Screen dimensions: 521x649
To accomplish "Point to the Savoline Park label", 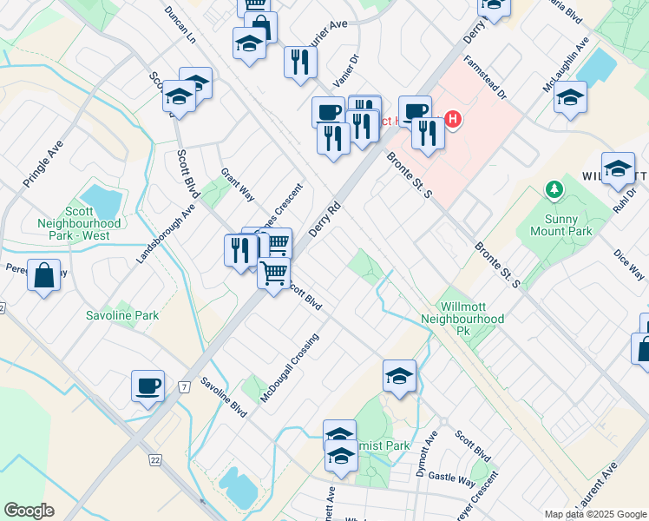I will pos(122,315).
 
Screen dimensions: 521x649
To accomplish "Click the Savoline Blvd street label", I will pos(218,396).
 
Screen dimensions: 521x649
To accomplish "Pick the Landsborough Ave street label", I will pos(166,235).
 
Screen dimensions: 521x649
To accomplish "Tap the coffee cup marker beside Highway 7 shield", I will pos(147,386).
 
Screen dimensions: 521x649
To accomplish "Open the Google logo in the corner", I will pos(29,511).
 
